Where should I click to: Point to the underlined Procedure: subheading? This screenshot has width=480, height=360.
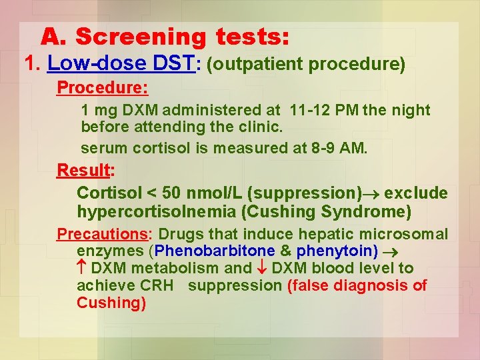tap(102, 88)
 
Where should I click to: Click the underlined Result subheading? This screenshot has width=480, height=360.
tap(83, 171)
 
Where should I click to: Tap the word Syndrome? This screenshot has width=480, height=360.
tap(377, 212)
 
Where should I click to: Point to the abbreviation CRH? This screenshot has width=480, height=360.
tap(157, 286)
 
